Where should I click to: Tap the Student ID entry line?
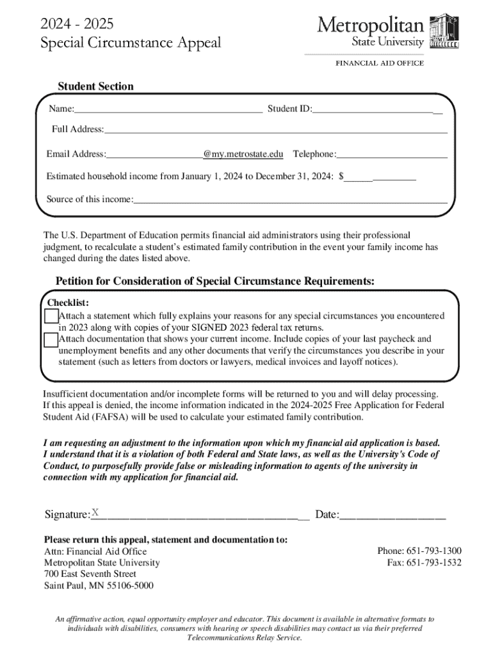point(376,109)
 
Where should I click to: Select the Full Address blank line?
point(275,130)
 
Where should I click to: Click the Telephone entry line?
point(392,155)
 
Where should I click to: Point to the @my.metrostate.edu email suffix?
point(243,154)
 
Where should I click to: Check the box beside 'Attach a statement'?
point(51,316)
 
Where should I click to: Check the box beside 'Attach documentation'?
point(51,339)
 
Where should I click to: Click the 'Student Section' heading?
point(96,86)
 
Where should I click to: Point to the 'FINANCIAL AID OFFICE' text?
point(380,63)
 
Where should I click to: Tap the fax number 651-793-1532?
point(424,563)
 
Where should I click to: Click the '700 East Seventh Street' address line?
point(90,574)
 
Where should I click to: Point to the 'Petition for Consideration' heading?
point(215,281)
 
